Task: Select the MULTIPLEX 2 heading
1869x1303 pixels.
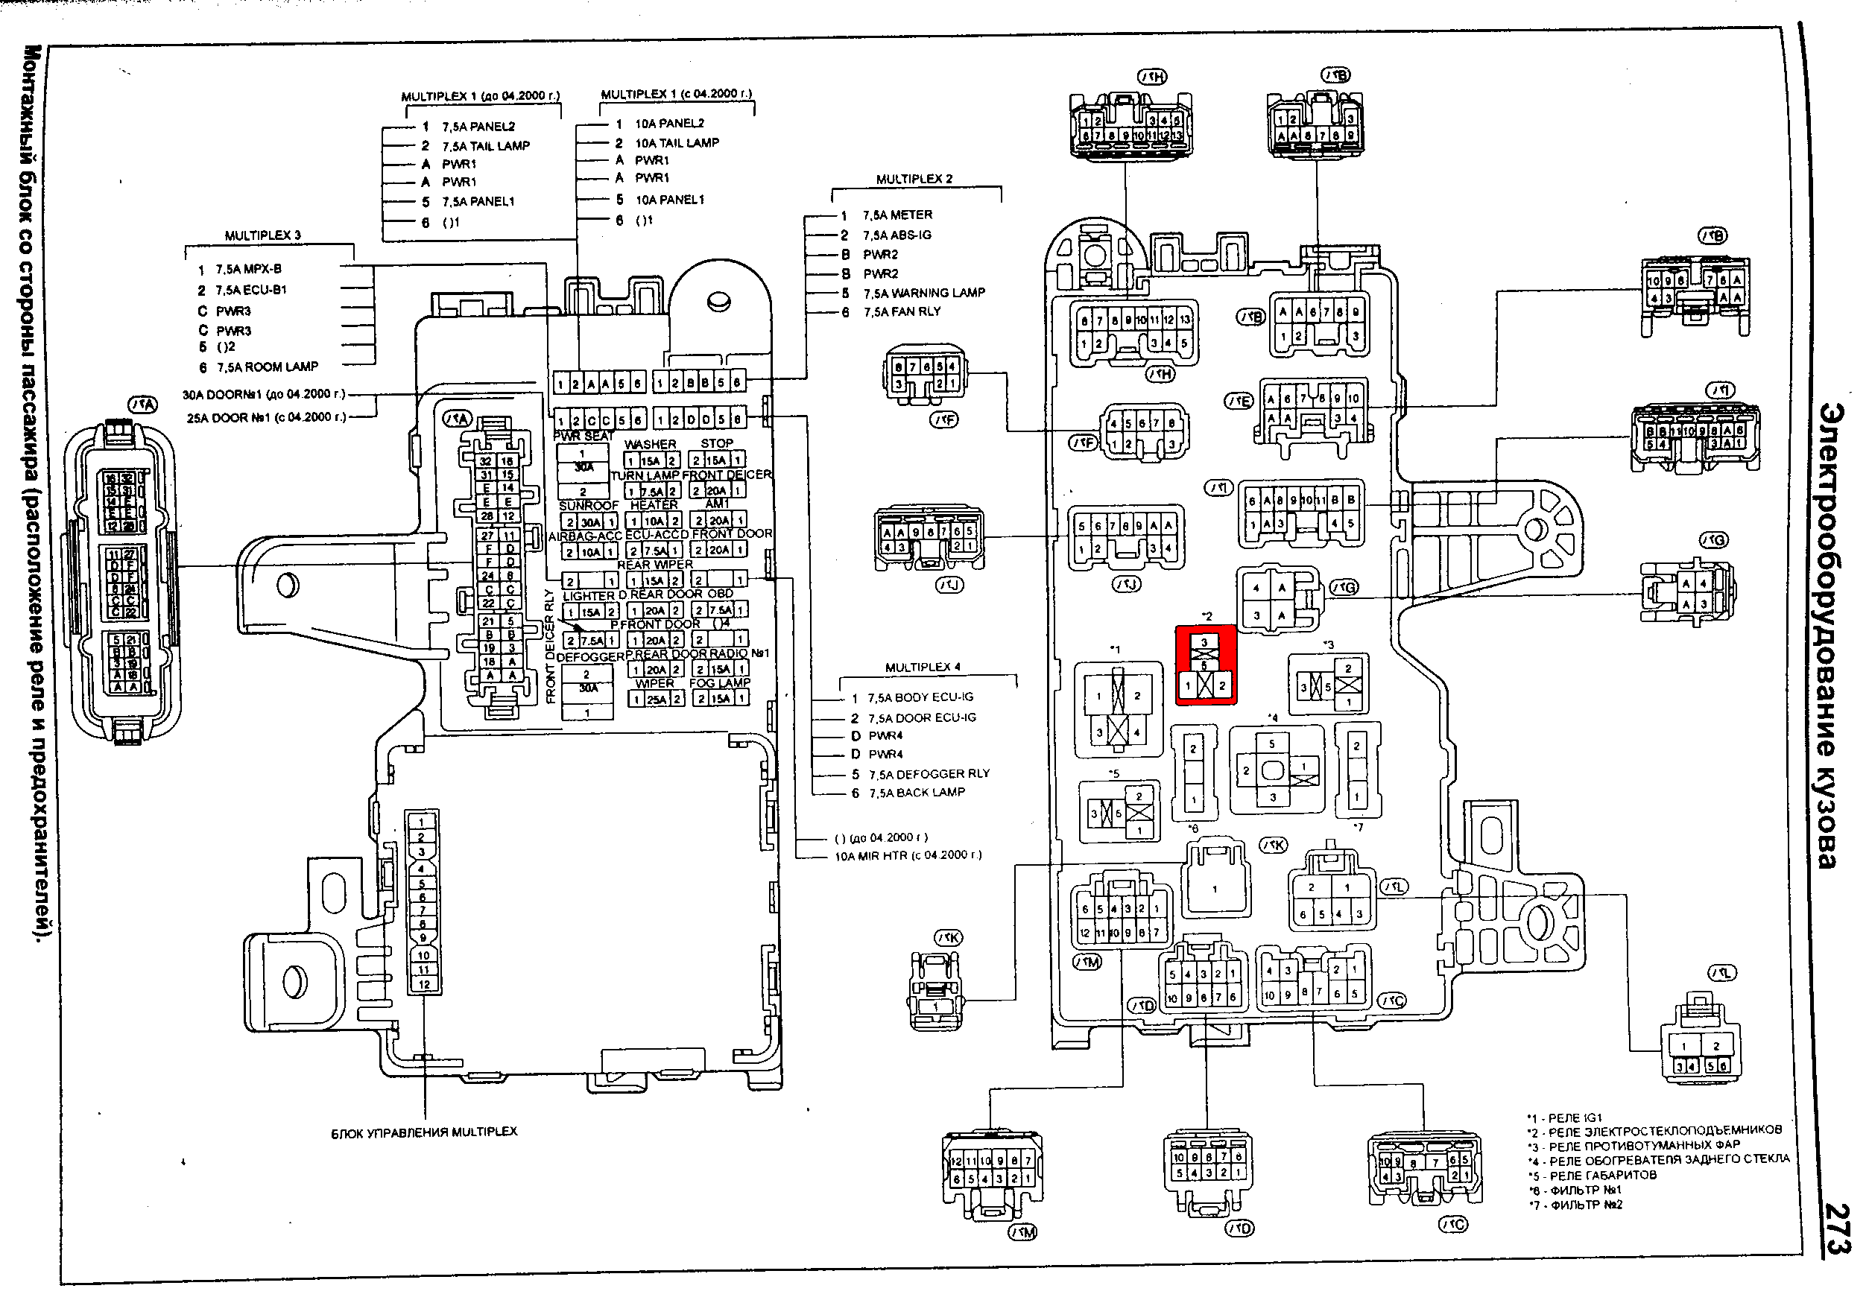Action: click(914, 179)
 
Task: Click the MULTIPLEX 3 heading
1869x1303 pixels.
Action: click(262, 236)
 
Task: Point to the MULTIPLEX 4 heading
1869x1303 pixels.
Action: click(923, 668)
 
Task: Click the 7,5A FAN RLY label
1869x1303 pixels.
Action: click(902, 311)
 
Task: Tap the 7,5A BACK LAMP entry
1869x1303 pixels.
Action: click(916, 793)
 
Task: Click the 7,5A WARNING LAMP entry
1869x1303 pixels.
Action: click(923, 293)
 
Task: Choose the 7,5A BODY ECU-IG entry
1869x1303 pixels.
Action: click(920, 697)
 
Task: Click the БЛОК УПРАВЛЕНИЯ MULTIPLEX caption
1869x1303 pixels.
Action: click(423, 1132)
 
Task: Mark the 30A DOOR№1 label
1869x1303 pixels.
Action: click(263, 395)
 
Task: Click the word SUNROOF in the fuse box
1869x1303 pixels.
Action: click(589, 505)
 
